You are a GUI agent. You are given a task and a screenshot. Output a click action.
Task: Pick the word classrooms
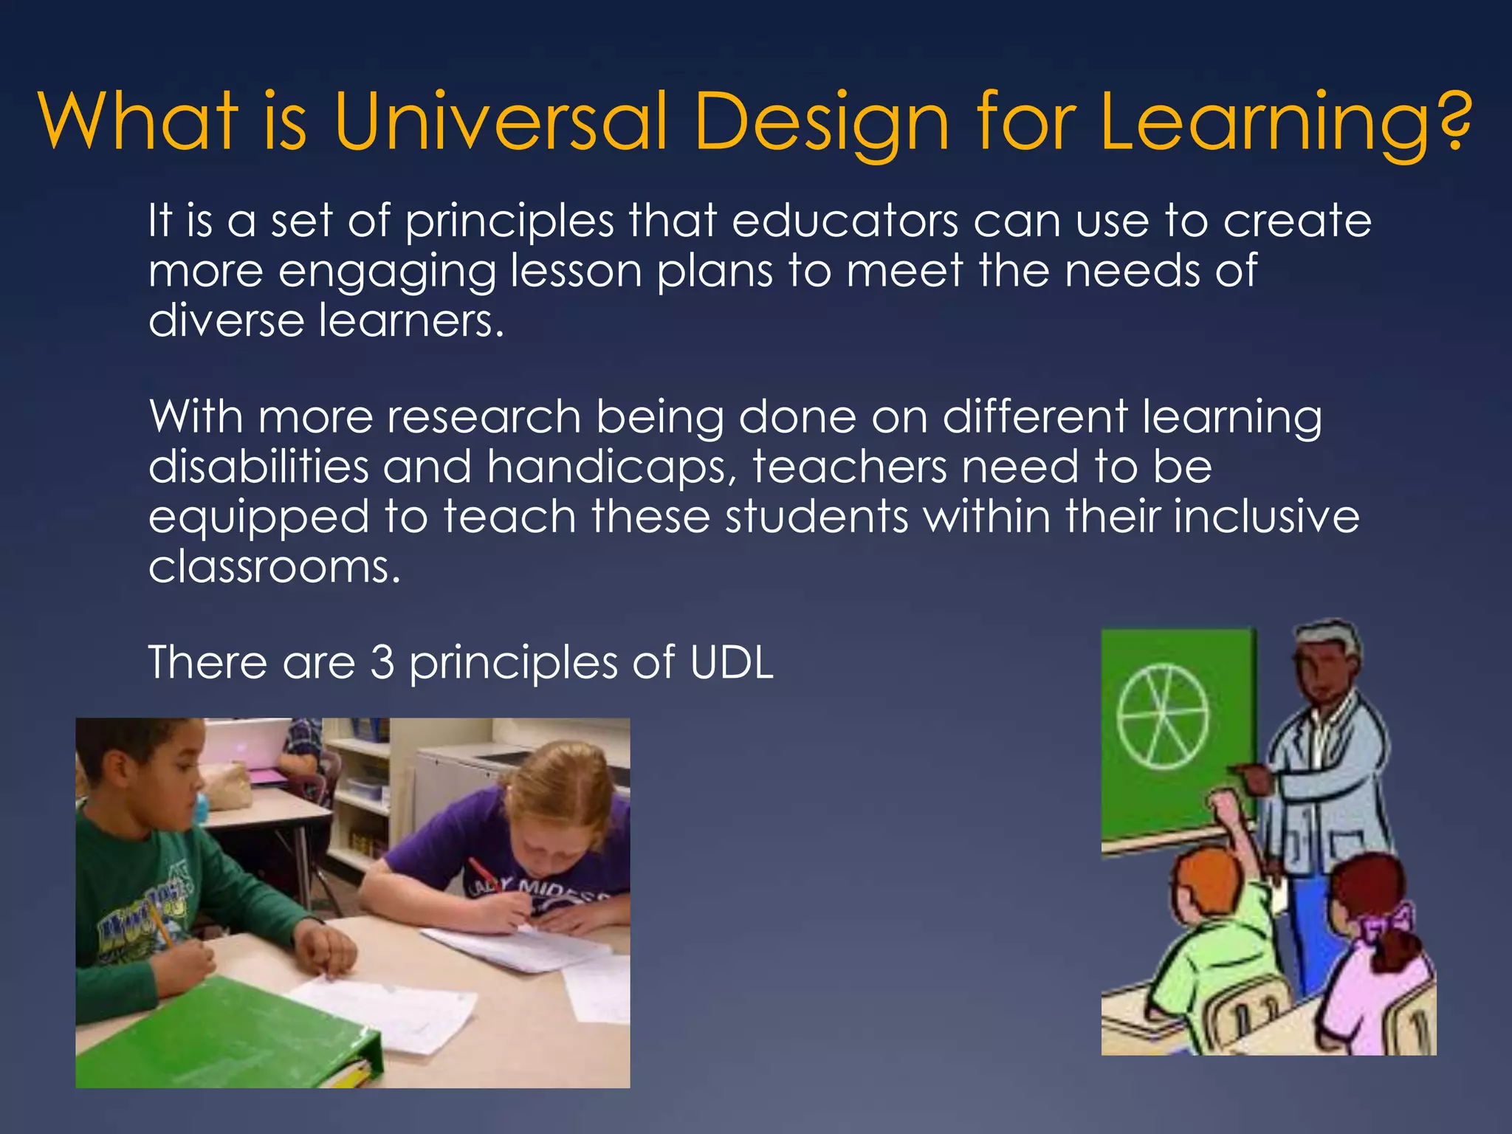(274, 567)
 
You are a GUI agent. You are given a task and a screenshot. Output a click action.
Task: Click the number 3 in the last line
(382, 661)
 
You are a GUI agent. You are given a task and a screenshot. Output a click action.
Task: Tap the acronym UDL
(731, 661)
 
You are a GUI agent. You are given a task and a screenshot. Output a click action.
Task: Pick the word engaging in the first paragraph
(387, 272)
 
